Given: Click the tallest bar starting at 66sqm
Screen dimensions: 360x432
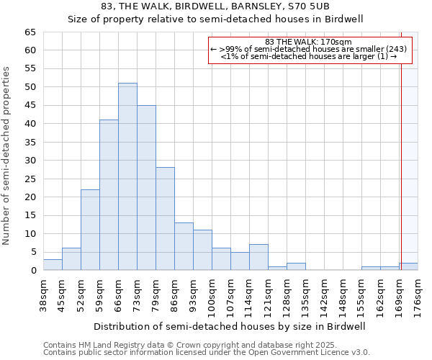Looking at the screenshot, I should [x=127, y=176].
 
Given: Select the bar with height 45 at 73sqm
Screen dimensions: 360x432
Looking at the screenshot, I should [x=146, y=187].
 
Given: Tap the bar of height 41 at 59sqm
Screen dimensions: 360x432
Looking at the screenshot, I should [x=109, y=194].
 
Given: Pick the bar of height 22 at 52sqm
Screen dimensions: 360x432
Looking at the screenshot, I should [x=90, y=230].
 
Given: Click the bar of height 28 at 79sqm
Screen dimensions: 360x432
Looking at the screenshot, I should [x=165, y=219].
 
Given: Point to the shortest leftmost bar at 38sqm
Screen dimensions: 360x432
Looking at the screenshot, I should [x=53, y=265].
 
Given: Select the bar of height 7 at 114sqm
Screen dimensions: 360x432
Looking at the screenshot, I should [x=258, y=258].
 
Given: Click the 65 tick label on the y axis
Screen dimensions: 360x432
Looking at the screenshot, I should [x=30, y=32].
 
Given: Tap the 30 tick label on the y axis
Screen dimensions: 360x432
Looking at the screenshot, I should [x=30, y=161].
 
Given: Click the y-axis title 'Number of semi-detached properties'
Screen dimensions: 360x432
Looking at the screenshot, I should [x=6, y=156].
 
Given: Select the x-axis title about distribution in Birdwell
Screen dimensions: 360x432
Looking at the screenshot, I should [x=230, y=326].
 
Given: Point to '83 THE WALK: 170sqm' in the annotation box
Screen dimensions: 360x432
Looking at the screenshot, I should [x=309, y=42].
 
